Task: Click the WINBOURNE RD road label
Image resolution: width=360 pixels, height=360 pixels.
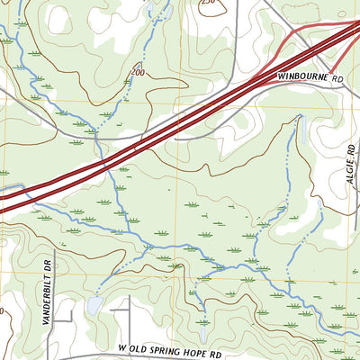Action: click(x=311, y=78)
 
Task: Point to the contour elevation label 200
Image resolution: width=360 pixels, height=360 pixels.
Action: click(x=138, y=71)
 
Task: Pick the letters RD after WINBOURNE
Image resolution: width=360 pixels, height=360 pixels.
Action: click(x=337, y=78)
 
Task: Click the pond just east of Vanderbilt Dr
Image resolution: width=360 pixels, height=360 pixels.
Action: click(x=93, y=307)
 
